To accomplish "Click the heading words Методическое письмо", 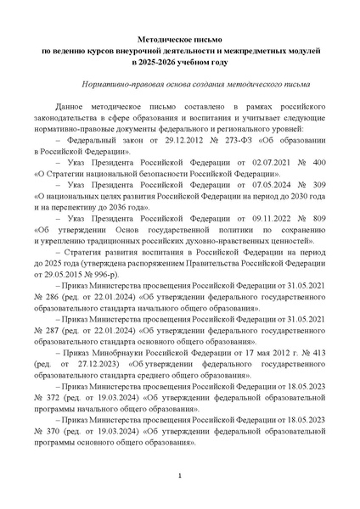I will click(x=180, y=41).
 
